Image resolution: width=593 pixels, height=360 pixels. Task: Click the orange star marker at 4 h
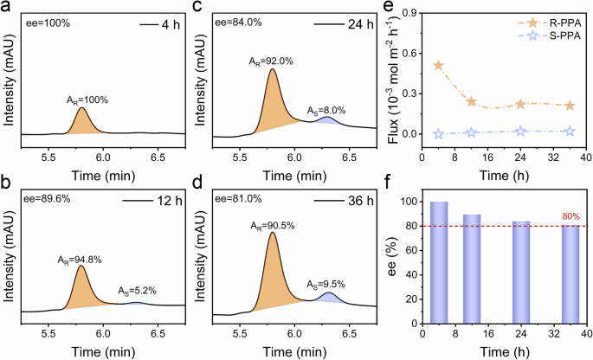438,66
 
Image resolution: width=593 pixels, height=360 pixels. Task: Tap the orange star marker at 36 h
569,106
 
